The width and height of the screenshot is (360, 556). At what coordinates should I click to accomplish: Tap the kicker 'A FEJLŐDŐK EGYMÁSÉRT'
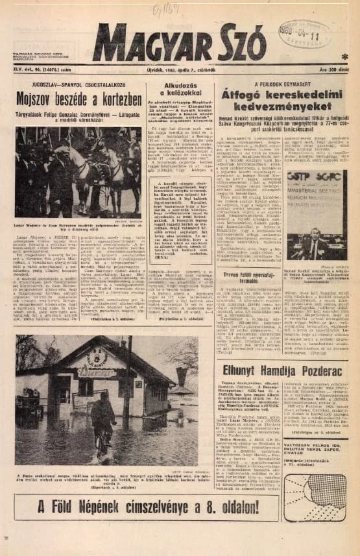click(282, 84)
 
